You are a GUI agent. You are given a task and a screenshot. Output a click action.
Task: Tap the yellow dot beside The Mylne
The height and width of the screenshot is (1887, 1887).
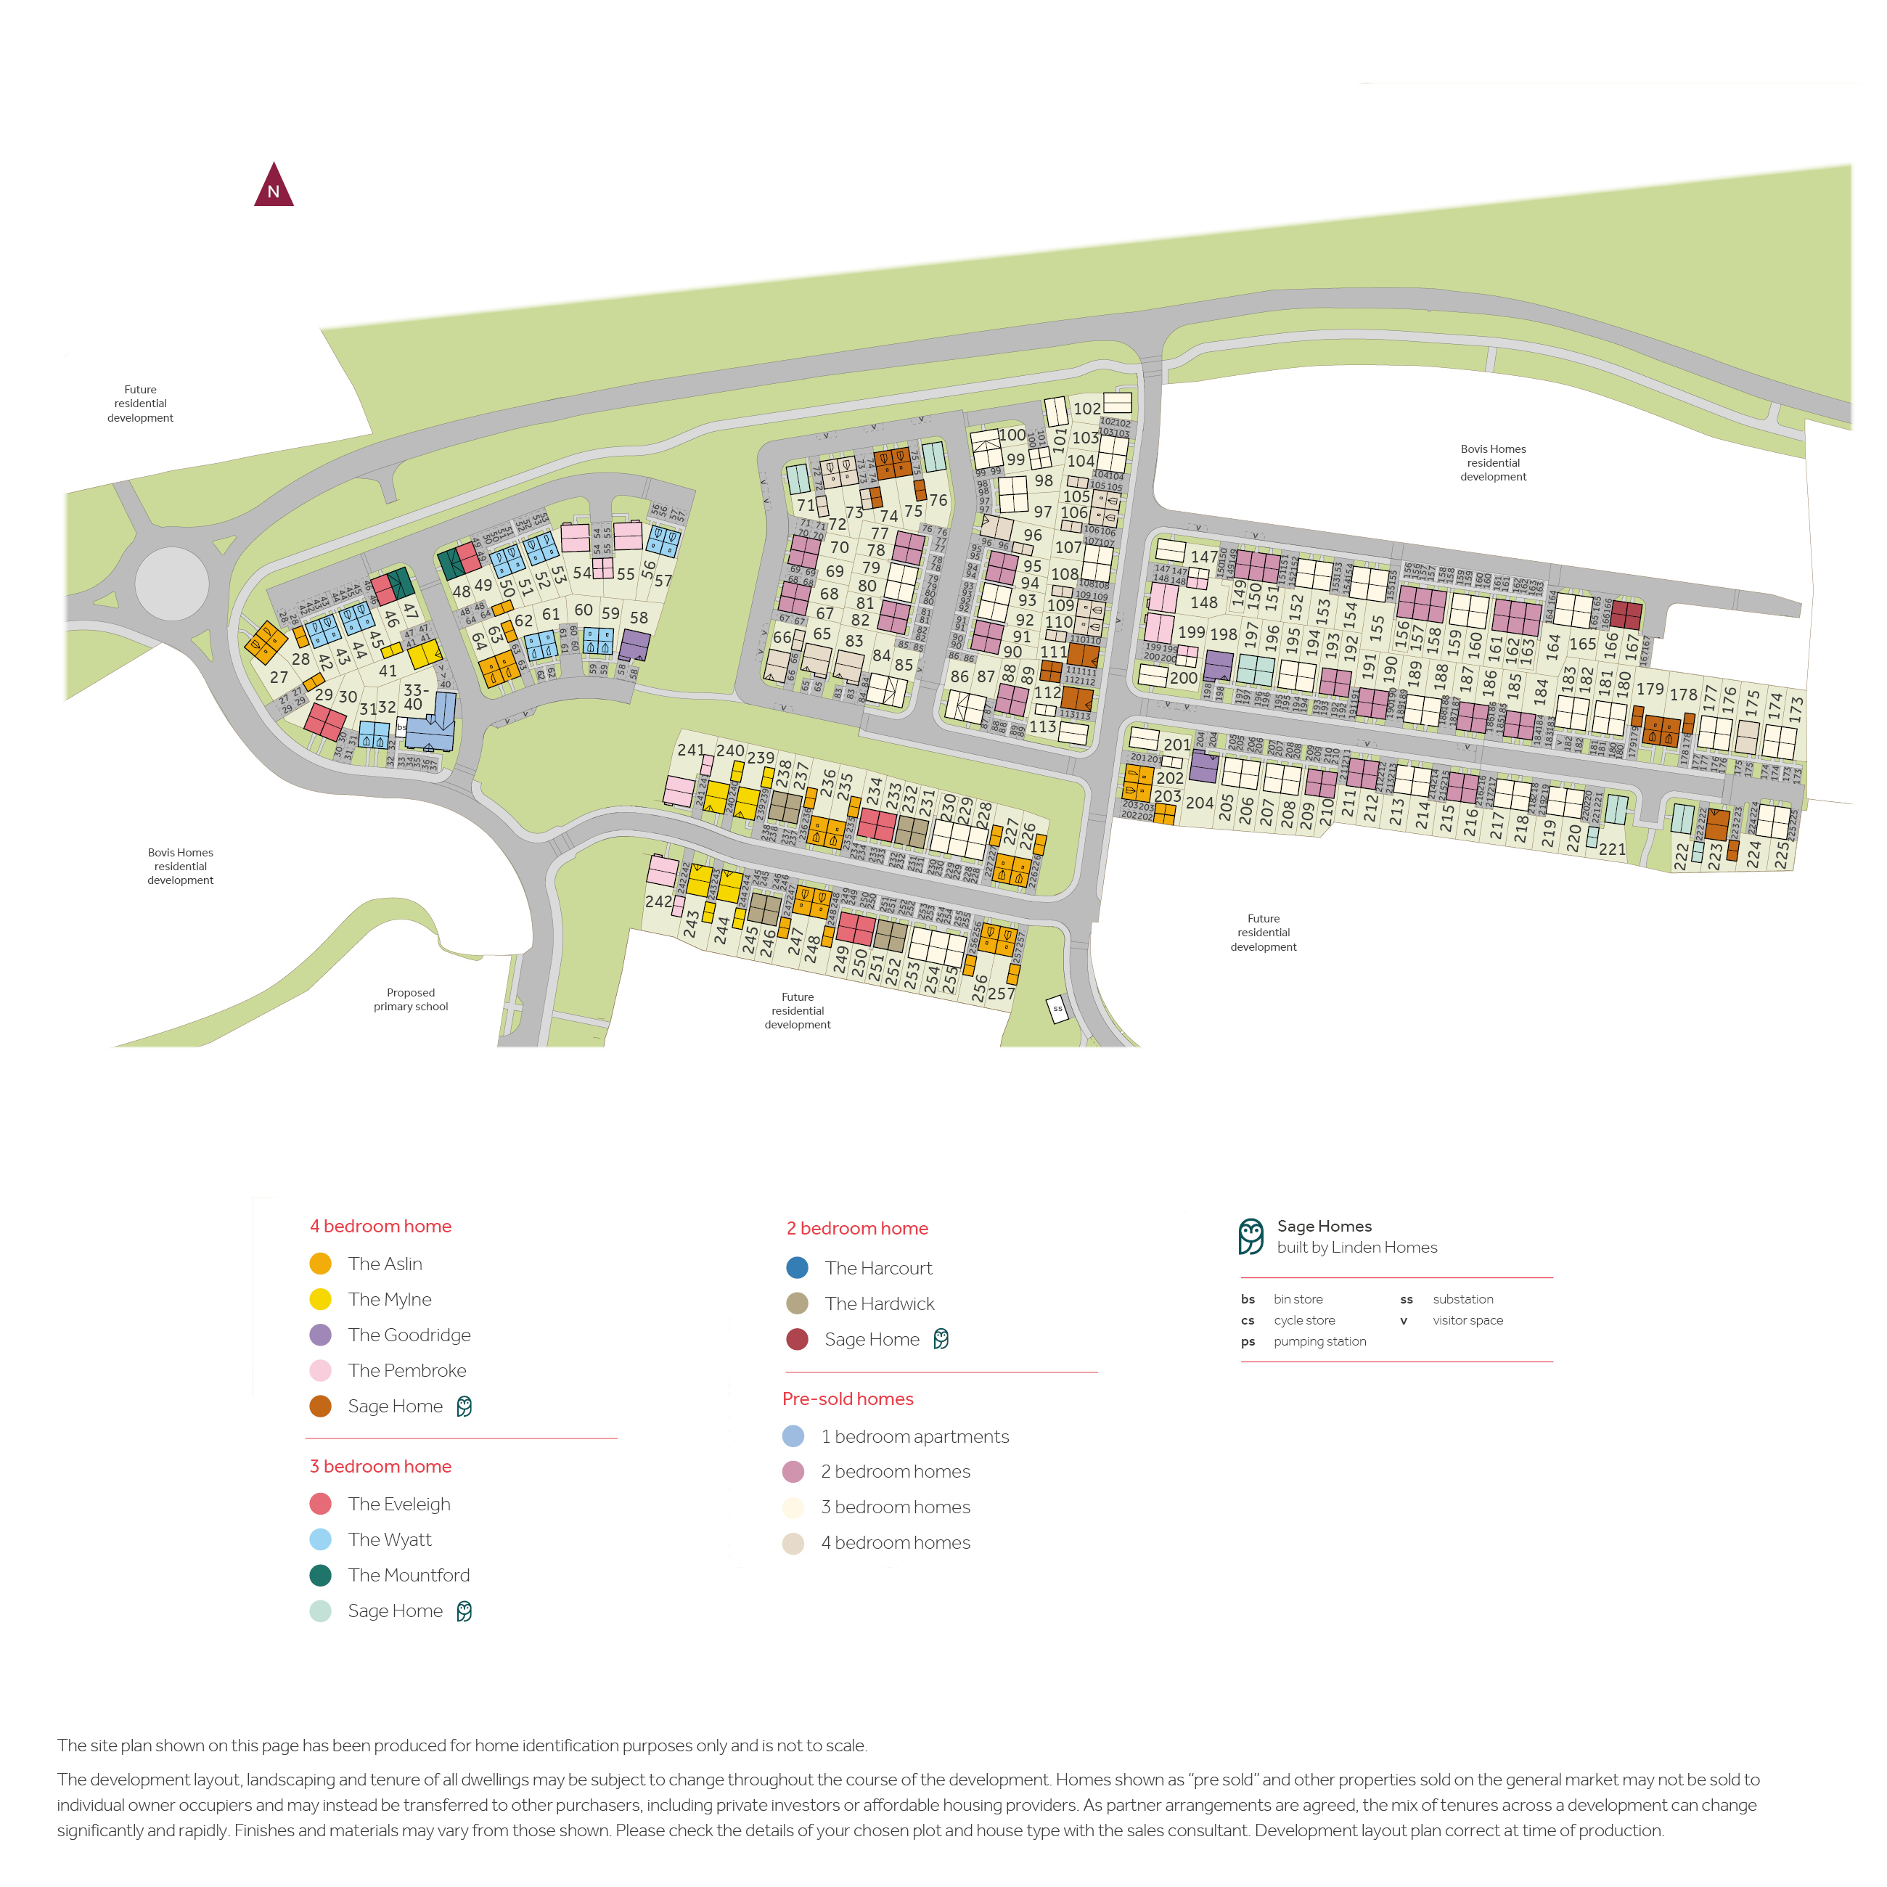click(320, 1299)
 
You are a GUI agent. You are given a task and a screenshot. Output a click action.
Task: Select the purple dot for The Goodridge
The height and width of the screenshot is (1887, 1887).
click(320, 1335)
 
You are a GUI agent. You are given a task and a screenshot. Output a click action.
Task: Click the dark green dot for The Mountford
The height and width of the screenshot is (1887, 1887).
click(320, 1576)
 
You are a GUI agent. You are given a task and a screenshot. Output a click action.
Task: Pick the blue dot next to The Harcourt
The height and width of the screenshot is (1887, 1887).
click(797, 1268)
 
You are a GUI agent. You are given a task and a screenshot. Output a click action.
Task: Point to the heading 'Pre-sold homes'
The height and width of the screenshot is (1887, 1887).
click(848, 1399)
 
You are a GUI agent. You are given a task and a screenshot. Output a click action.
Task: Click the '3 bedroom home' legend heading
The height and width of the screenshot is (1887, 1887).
click(381, 1466)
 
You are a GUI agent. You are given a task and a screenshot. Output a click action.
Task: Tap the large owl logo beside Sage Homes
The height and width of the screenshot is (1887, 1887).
click(1251, 1237)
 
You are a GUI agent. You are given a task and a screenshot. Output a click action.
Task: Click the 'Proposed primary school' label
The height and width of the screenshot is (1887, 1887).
click(410, 999)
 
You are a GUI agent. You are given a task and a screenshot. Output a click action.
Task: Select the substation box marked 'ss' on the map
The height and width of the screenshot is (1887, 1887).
click(1057, 1009)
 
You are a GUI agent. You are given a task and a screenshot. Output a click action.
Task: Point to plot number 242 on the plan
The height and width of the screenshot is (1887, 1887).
click(658, 901)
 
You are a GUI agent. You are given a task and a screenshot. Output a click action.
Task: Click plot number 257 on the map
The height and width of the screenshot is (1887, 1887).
click(1001, 994)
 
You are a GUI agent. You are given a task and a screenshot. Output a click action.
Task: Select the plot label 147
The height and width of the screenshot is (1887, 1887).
click(1204, 557)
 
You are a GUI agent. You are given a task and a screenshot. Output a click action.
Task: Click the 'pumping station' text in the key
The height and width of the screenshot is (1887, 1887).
click(1319, 1341)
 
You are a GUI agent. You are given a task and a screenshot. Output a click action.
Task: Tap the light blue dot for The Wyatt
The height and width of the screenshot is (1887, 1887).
click(320, 1539)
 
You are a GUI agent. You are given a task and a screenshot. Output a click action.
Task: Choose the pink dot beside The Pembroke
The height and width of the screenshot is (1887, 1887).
click(320, 1370)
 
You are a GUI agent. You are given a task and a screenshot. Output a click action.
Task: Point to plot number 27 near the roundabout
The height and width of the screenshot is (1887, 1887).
click(279, 677)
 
